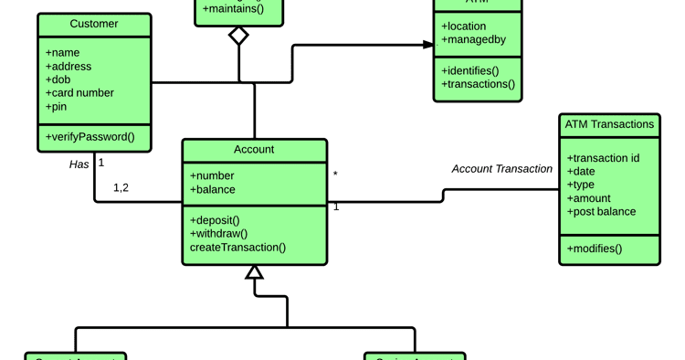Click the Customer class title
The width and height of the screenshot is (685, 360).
pos(94,24)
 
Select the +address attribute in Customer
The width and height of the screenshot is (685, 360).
pos(68,67)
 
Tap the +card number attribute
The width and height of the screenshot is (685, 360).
pos(79,93)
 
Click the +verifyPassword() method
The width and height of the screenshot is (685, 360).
pos(90,137)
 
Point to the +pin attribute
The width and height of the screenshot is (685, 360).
pos(56,107)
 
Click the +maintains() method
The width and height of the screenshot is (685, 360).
pos(233,9)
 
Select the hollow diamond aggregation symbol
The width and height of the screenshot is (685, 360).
pos(238,36)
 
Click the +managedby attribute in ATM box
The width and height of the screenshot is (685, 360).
pos(473,40)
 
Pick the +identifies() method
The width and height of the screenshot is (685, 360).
pos(469,71)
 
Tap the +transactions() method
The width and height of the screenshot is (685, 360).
pos(478,85)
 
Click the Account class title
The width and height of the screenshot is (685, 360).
pos(254,150)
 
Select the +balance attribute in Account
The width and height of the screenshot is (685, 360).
pos(213,190)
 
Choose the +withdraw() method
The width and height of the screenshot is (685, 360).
pos(218,234)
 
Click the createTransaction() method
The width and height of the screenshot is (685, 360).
pos(237,248)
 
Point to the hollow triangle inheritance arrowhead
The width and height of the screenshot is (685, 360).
pos(254,272)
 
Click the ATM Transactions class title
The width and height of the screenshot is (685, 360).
pos(609,124)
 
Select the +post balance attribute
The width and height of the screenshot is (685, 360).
pos(601,212)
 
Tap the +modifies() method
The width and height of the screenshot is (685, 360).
pos(594,249)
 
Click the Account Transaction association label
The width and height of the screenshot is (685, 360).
pos(502,169)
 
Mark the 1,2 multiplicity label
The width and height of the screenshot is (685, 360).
pos(121,188)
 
